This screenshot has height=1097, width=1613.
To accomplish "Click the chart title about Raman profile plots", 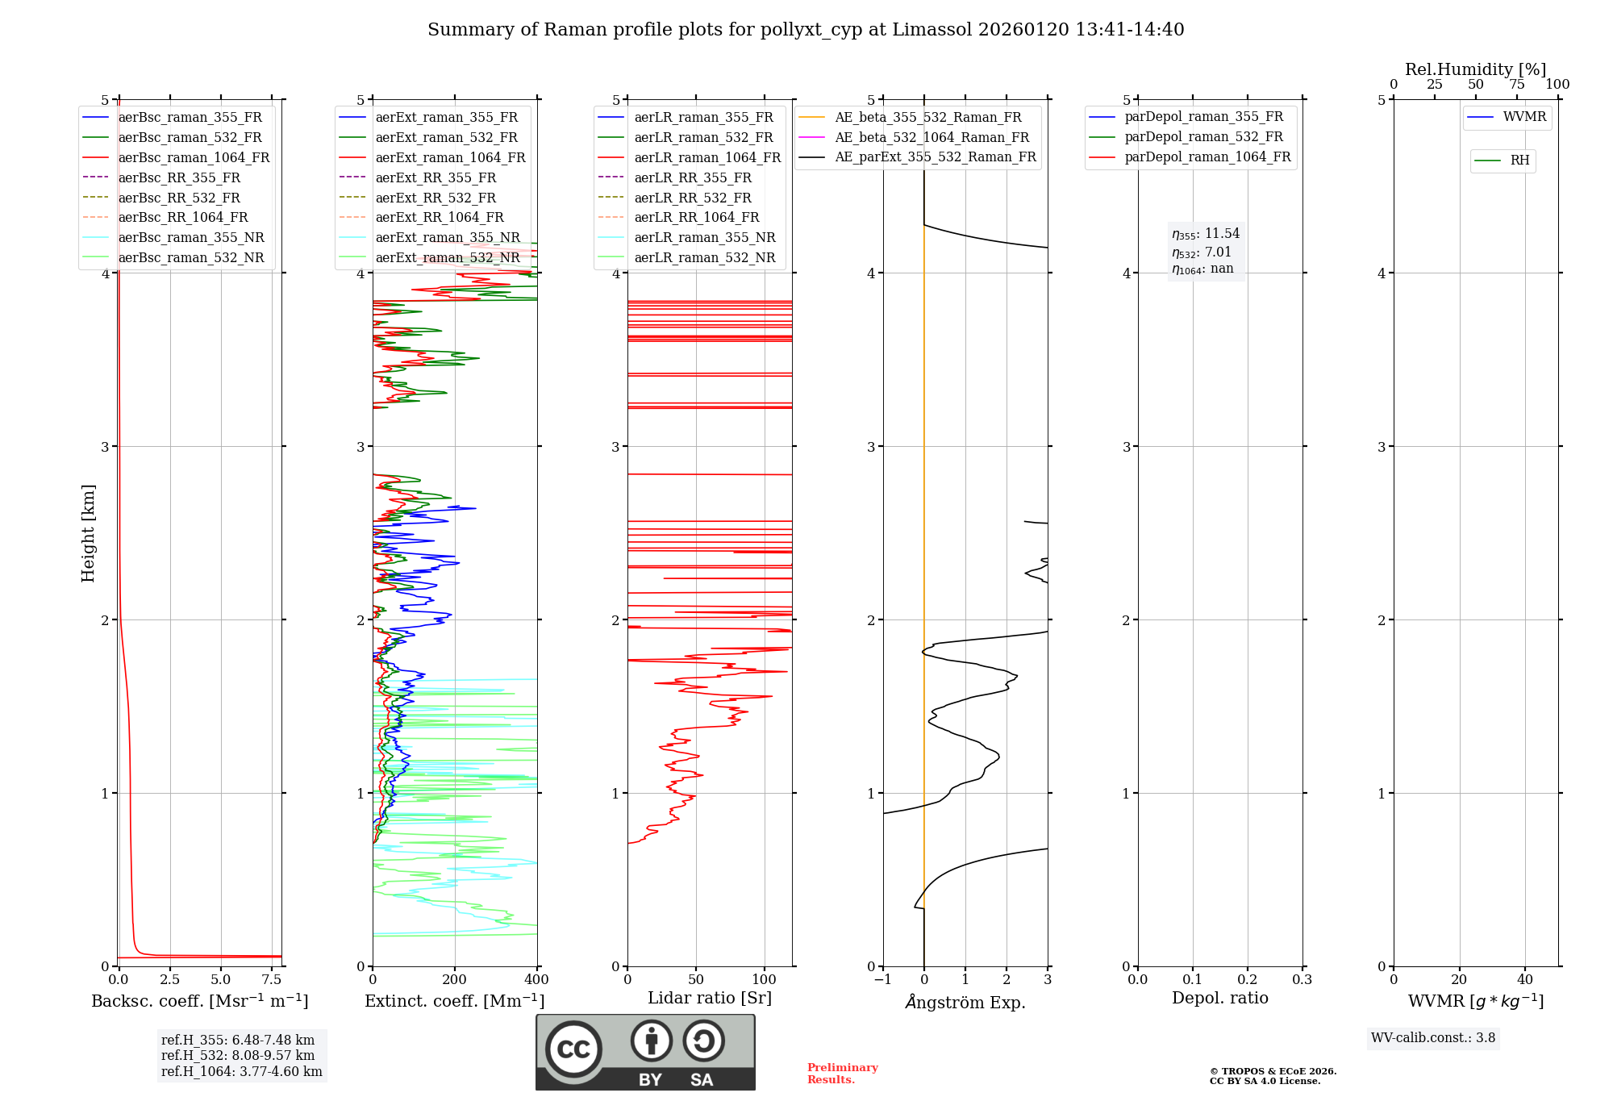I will (806, 30).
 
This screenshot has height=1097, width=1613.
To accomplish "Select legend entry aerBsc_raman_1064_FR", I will (194, 157).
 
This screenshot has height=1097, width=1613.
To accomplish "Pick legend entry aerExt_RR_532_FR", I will (436, 198).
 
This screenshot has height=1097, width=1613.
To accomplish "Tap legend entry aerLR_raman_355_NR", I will (704, 237).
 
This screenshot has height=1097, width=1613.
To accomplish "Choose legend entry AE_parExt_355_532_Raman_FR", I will (935, 156).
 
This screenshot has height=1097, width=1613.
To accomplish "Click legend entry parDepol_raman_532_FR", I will (1203, 137).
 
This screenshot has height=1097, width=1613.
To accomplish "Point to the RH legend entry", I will (1519, 161).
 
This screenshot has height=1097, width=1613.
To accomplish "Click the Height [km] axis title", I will (88, 533).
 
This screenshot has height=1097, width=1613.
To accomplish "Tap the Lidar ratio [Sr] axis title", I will (710, 998).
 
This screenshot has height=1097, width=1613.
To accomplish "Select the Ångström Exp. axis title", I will (965, 1002).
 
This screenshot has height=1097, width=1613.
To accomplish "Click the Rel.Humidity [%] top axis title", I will (1475, 69).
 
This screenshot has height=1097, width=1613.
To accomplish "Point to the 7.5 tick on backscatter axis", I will (272, 980).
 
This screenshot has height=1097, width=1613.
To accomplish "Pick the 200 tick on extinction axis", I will (455, 980).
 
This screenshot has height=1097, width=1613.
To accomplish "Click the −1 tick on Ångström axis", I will (883, 980).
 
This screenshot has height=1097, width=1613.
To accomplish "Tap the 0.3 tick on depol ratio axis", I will (1302, 980).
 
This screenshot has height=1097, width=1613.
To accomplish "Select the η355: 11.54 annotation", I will (1206, 234).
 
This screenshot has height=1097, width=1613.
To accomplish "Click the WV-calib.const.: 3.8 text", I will (1433, 1037).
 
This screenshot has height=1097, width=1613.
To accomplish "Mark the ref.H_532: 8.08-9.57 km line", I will (238, 1055).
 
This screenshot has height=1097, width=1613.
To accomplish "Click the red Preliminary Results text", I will (842, 1074).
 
